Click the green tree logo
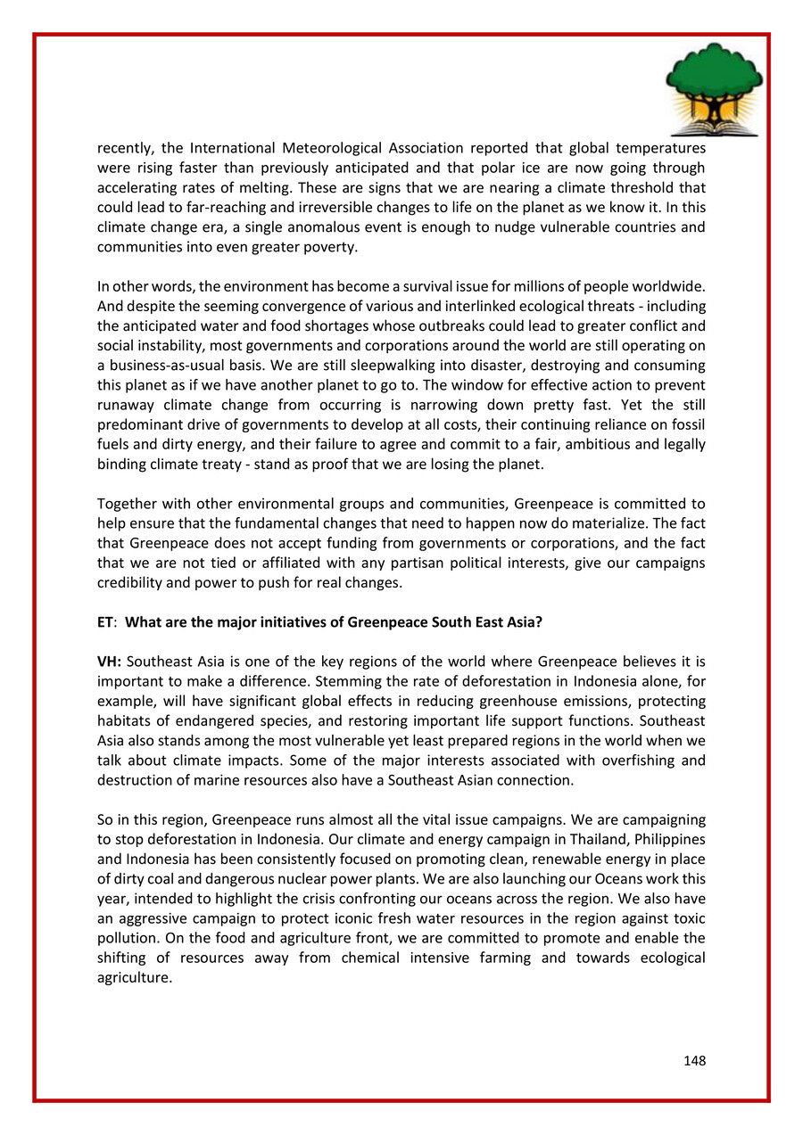pos(715,86)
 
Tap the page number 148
pos(694,1061)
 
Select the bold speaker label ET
pos(105,622)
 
